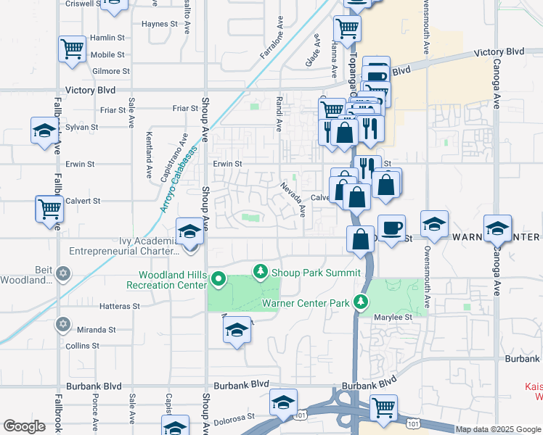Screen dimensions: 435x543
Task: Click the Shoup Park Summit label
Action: (x=316, y=273)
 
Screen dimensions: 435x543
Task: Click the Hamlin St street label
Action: (x=108, y=38)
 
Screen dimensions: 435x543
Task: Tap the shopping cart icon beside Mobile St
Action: (x=72, y=50)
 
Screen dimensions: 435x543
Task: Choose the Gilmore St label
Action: (x=111, y=71)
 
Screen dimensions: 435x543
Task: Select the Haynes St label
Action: (x=160, y=23)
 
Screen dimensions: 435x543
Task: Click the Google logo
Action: (x=24, y=426)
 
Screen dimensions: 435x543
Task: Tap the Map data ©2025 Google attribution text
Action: (x=497, y=429)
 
